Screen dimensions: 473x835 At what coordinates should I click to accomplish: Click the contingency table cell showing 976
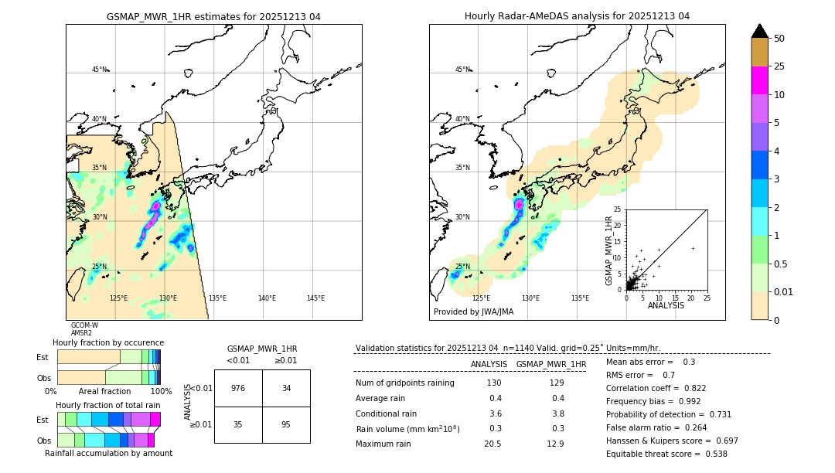pyautogui.click(x=238, y=388)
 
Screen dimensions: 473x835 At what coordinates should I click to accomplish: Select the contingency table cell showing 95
pyautogui.click(x=286, y=424)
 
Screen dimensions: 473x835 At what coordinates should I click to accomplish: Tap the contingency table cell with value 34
pyautogui.click(x=286, y=388)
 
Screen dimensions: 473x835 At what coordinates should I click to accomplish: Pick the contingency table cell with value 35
pyautogui.click(x=238, y=424)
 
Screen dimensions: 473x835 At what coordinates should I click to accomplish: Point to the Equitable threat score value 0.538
pyautogui.click(x=712, y=454)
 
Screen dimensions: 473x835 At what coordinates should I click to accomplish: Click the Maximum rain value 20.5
pyautogui.click(x=493, y=444)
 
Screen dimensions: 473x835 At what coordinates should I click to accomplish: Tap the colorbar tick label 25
pyautogui.click(x=779, y=66)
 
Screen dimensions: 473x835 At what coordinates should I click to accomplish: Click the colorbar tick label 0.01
pyautogui.click(x=784, y=291)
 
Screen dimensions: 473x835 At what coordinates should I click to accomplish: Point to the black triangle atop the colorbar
pyautogui.click(x=760, y=31)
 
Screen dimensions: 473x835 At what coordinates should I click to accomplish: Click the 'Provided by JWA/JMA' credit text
pyautogui.click(x=473, y=312)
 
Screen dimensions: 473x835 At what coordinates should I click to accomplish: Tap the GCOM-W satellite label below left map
pyautogui.click(x=84, y=325)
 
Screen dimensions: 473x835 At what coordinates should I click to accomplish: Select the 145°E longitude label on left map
pyautogui.click(x=315, y=298)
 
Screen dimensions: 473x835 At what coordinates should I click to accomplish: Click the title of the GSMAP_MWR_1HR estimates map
pyautogui.click(x=213, y=16)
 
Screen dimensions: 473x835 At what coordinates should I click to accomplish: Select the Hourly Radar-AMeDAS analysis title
pyautogui.click(x=577, y=16)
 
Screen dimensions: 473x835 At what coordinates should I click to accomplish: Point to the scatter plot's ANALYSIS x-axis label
pyautogui.click(x=666, y=305)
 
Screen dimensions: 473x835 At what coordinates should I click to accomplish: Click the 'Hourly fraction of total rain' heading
pyautogui.click(x=108, y=405)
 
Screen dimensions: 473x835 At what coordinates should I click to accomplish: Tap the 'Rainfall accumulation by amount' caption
pyautogui.click(x=108, y=453)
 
